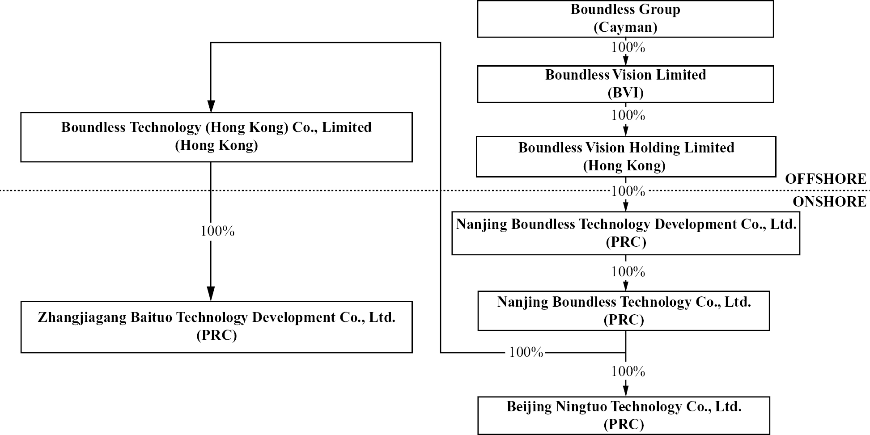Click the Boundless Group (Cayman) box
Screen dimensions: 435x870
625,19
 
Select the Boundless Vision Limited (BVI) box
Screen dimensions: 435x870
625,84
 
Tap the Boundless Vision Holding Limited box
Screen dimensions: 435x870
625,156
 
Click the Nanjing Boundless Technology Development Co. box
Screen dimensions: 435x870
625,233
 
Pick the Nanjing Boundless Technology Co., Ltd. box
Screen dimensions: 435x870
624,311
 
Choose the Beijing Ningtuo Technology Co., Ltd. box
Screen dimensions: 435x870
624,415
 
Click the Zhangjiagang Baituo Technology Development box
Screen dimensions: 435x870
216,327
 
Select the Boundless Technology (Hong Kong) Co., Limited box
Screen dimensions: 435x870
216,137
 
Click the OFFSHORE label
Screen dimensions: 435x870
825,179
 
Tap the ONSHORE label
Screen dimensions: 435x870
829,202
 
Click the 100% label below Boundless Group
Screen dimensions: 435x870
628,47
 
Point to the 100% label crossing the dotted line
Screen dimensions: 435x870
628,191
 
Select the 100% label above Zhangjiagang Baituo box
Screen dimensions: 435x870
217,231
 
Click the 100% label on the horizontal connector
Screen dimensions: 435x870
526,352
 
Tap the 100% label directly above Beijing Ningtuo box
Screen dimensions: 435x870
628,372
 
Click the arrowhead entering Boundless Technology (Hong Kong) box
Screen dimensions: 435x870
211,106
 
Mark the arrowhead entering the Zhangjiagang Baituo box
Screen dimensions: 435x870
211,294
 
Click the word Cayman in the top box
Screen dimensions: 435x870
625,28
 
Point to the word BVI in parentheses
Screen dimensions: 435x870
625,93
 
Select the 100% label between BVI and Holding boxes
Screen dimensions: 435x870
628,115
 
